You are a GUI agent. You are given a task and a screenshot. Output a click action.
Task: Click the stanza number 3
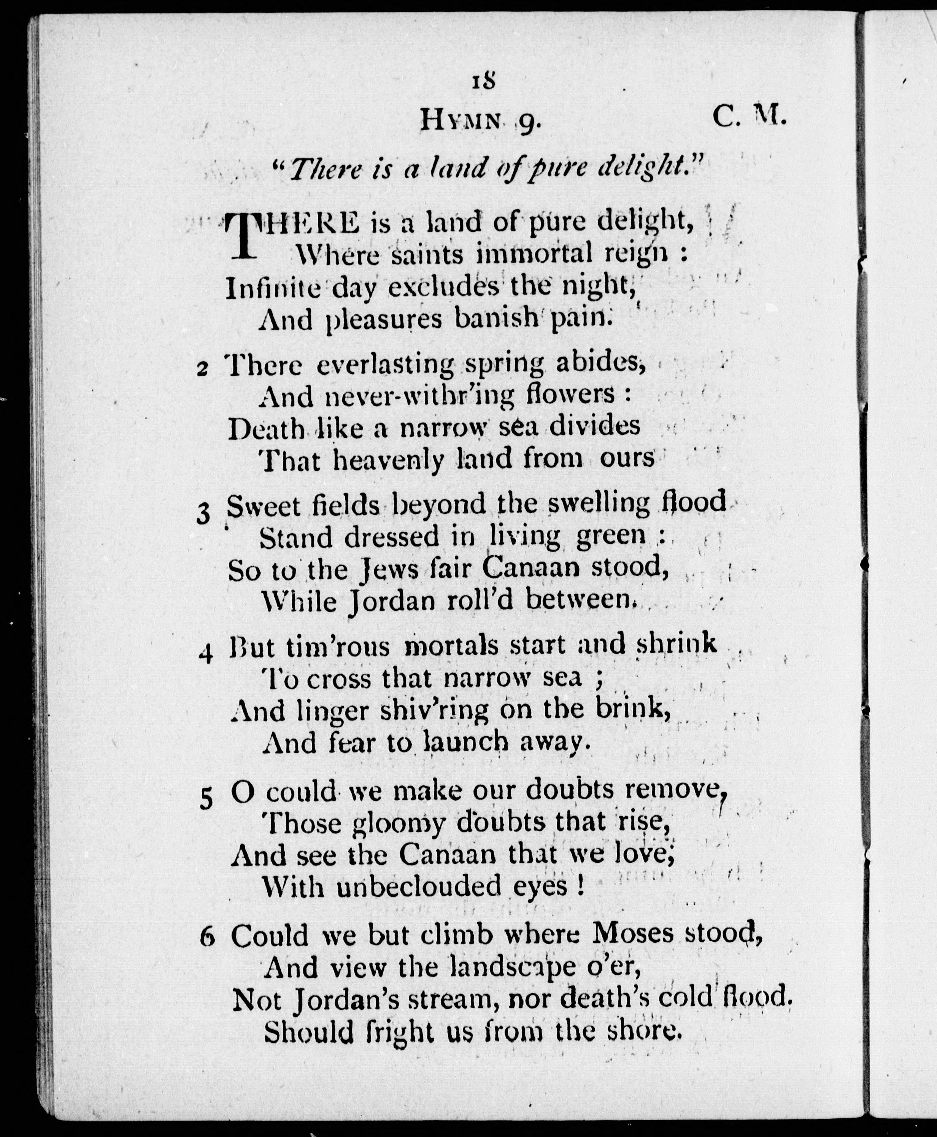[x=203, y=515]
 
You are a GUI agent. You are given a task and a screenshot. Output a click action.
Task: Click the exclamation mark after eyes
[x=580, y=885]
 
